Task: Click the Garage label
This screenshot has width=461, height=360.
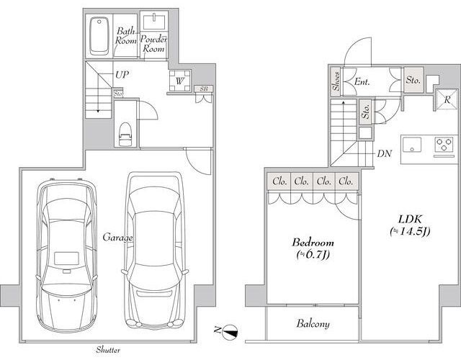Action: point(117,238)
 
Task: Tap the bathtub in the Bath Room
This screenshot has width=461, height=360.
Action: point(99,36)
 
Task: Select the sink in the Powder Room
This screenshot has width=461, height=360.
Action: point(154,22)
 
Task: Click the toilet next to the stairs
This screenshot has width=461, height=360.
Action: point(125,134)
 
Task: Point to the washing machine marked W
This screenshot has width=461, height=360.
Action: point(180,81)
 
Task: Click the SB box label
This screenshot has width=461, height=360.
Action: point(204,89)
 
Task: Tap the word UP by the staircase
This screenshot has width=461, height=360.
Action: point(122,75)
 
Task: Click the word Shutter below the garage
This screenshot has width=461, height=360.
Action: point(108,350)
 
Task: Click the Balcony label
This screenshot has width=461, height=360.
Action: point(313,323)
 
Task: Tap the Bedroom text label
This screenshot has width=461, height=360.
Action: point(313,243)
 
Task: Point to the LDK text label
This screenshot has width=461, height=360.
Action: point(410,219)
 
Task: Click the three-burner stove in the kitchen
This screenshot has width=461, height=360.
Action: point(444,144)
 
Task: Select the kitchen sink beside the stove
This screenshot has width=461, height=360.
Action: point(412,144)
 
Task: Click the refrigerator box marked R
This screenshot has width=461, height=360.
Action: point(447,99)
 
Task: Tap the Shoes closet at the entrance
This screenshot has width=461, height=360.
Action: point(336,81)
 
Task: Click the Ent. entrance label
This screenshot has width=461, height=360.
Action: point(362,81)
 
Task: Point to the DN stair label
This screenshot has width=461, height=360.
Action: point(385,153)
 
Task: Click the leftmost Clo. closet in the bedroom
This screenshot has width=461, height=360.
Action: point(279,181)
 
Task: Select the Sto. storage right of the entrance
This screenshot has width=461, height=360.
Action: point(413,80)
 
